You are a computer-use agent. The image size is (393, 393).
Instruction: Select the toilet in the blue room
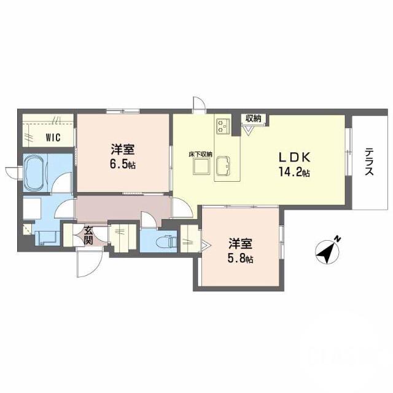click(x=166, y=240)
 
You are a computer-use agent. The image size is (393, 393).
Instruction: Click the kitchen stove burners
click(x=222, y=127)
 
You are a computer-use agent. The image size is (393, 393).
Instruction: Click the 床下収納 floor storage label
click(x=200, y=154)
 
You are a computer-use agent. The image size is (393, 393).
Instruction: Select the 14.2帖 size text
click(x=297, y=173)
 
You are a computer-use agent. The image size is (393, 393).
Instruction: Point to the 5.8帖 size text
click(x=240, y=259)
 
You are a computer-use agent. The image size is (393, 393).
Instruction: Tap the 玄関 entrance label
click(x=88, y=235)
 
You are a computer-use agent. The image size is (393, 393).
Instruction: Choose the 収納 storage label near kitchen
click(x=253, y=118)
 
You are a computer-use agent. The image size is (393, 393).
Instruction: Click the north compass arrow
click(x=328, y=252)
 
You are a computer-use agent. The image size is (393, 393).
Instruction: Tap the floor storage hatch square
click(x=200, y=167)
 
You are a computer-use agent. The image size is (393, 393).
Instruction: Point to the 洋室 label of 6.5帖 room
click(x=123, y=149)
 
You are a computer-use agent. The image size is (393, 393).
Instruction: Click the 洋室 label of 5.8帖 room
click(x=241, y=243)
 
